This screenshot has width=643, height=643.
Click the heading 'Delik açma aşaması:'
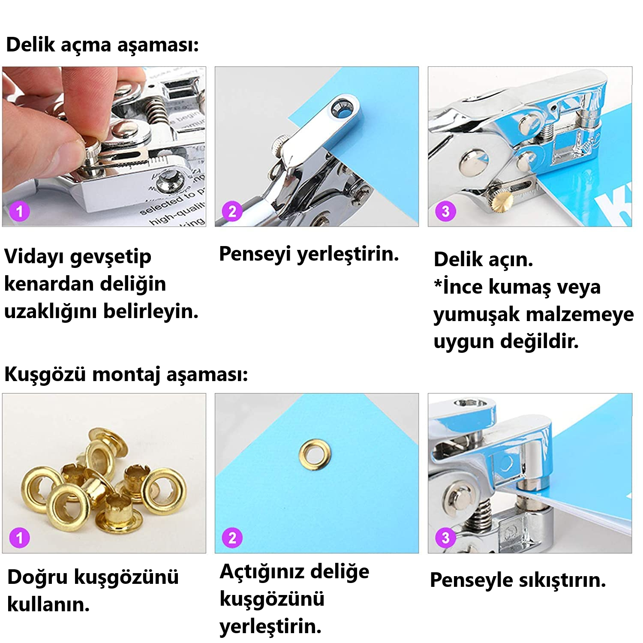tap(102, 45)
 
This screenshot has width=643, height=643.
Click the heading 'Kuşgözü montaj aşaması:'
tap(126, 374)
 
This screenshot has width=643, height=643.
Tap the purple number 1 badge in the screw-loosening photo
tap(19, 211)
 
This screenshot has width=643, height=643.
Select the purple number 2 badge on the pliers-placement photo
tap(232, 211)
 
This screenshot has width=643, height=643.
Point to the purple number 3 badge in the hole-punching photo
tap(445, 211)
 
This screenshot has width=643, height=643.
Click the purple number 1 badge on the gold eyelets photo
tap(19, 538)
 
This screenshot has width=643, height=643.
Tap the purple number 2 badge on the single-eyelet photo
tap(232, 538)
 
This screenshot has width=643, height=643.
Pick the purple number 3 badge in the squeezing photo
tap(445, 538)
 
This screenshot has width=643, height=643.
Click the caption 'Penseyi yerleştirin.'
tap(309, 254)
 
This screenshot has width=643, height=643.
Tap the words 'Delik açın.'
tap(484, 259)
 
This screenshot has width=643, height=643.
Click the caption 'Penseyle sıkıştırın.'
tap(518, 580)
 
